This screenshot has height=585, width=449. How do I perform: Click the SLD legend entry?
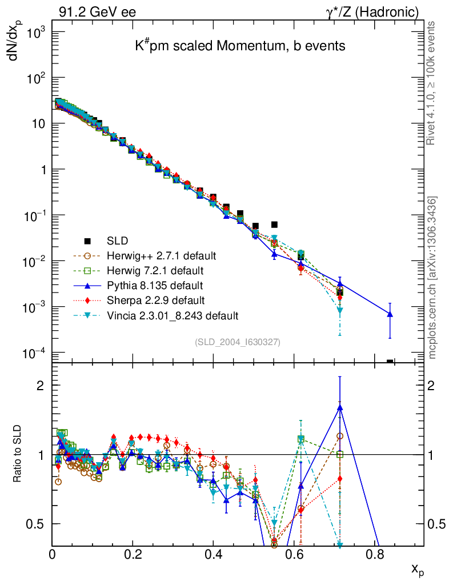pyautogui.click(x=117, y=240)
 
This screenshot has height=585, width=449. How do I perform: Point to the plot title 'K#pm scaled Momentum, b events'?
pyautogui.click(x=240, y=46)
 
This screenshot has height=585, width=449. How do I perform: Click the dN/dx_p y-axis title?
pyautogui.click(x=20, y=49)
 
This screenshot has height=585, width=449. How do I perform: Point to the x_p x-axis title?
pyautogui.click(x=418, y=570)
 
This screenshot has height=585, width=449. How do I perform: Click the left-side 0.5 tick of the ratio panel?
pyautogui.click(x=38, y=524)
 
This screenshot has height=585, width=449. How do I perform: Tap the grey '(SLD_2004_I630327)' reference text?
pyautogui.click(x=238, y=342)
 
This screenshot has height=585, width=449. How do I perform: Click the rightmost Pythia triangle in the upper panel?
pyautogui.click(x=390, y=314)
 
